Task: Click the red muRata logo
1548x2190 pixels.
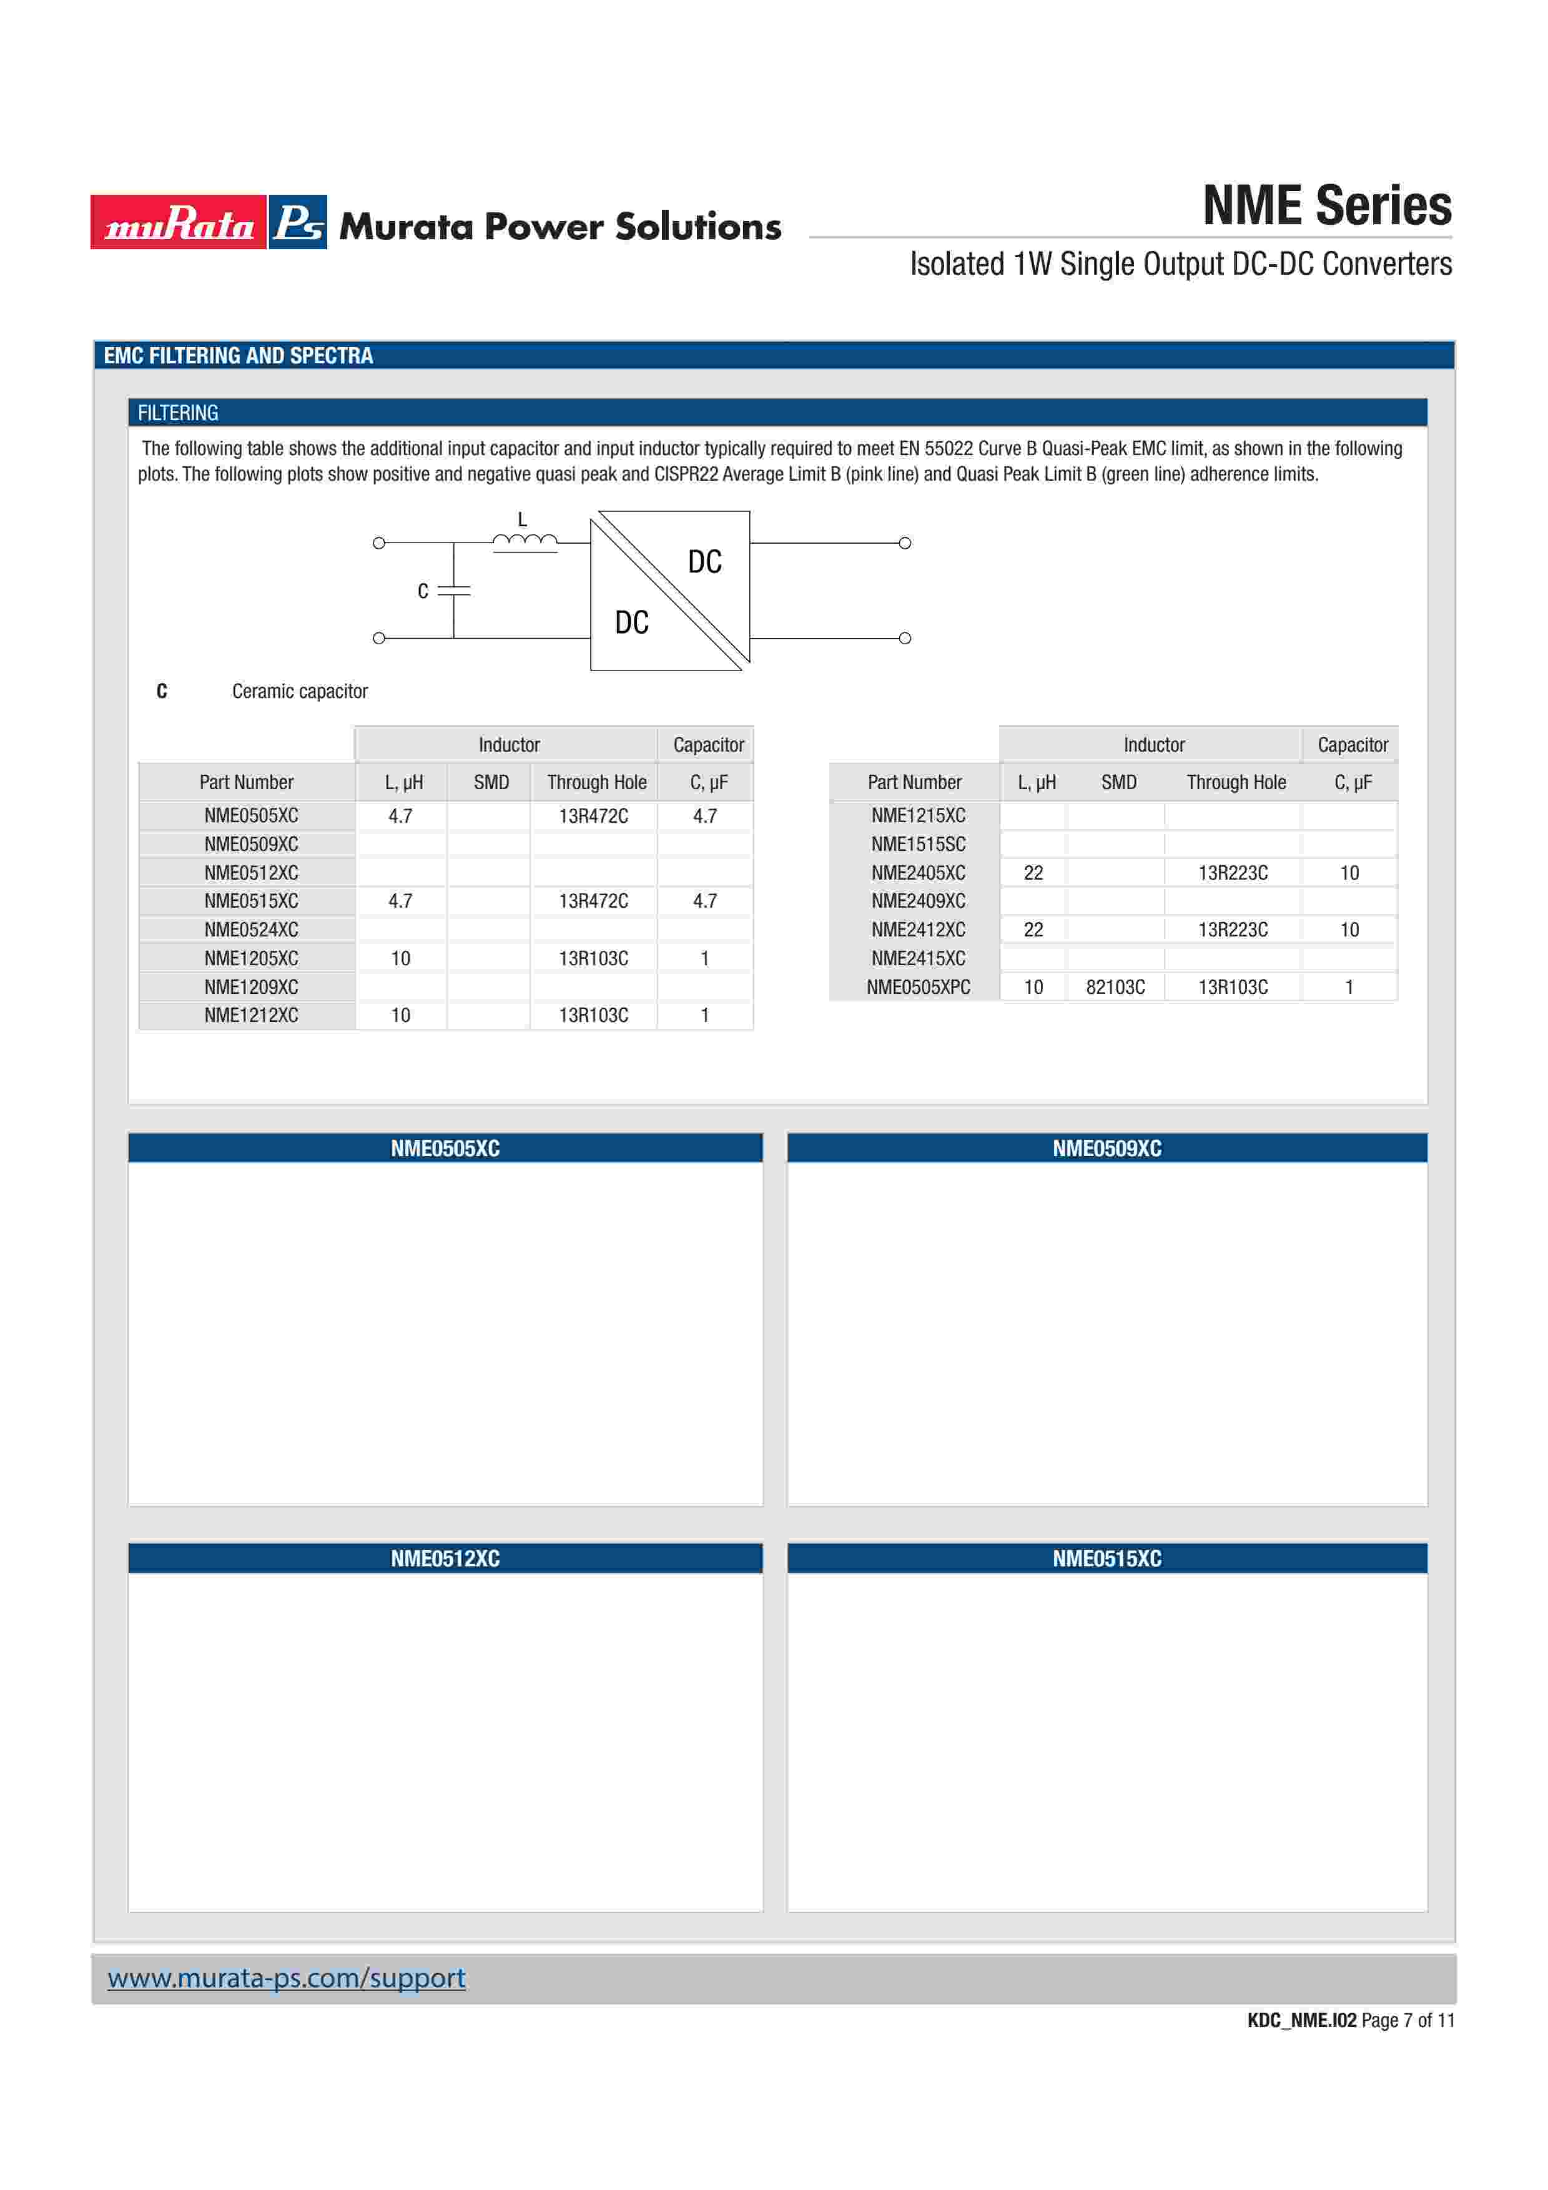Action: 179,222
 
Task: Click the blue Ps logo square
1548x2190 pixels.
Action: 298,222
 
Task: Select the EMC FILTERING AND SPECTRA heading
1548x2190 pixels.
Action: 239,356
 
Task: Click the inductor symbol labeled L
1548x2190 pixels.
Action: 525,542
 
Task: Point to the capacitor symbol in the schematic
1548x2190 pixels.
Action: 454,591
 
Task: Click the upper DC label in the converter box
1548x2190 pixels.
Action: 705,562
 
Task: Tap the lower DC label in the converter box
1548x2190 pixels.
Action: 631,623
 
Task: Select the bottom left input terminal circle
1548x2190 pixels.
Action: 378,638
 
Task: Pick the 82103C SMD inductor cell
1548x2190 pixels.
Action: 1115,987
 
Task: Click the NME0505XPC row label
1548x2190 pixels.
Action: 917,987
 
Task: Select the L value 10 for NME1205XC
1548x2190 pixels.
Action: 401,959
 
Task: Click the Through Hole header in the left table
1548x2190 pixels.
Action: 596,783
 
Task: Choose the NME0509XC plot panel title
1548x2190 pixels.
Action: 1107,1149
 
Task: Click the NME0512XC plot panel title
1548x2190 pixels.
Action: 445,1559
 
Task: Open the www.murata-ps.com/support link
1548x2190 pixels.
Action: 286,1978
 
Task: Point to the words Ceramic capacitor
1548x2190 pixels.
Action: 300,692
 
